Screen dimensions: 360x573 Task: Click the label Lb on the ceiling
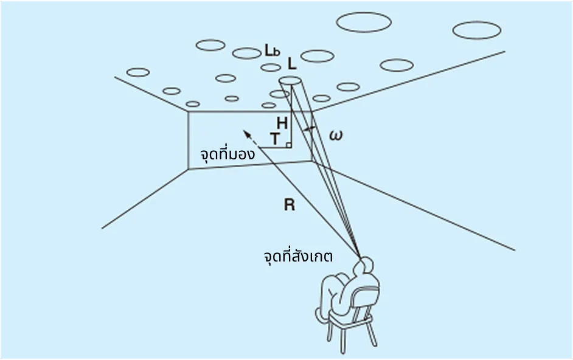pos(272,52)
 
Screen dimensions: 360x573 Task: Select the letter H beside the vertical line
pos(282,123)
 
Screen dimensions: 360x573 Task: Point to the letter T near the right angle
pos(276,139)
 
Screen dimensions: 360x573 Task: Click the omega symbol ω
pos(335,136)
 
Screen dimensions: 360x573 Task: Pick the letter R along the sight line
pos(289,205)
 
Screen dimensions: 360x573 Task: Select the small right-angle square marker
pos(288,145)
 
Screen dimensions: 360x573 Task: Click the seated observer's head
pos(367,266)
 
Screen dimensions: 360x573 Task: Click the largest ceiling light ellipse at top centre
pos(363,22)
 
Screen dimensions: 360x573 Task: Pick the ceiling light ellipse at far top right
pos(477,30)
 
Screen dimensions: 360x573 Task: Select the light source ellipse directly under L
pos(290,80)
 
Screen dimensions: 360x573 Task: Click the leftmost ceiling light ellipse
pos(138,72)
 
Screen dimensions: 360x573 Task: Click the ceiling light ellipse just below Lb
pos(271,67)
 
